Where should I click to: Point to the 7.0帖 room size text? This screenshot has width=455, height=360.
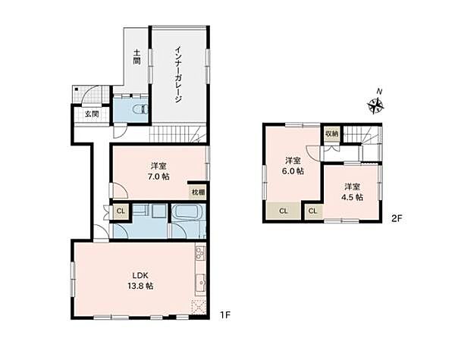(159, 176)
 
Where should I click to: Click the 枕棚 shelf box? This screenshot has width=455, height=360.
(196, 193)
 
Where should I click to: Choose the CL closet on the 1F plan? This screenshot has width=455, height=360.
(120, 211)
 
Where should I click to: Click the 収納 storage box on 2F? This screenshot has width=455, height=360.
(331, 133)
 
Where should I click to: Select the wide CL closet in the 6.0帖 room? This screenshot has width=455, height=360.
(283, 211)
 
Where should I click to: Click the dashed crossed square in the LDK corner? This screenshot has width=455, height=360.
(198, 307)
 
